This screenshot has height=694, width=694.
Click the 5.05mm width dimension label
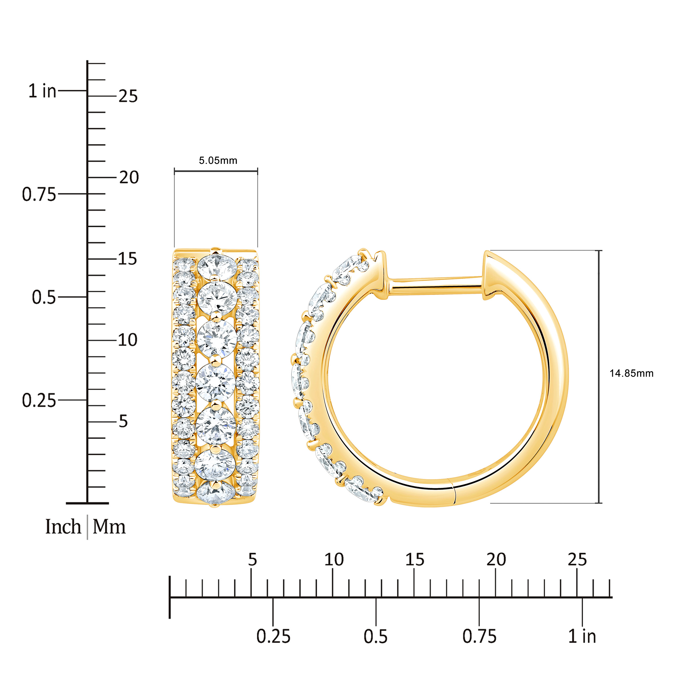tap(218, 160)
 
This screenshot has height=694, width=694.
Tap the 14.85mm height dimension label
tap(631, 374)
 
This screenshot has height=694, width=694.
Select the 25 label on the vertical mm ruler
tap(128, 96)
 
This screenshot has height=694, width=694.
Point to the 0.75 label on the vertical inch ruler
tap(39, 194)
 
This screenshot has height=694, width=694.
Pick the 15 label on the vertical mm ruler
tap(128, 259)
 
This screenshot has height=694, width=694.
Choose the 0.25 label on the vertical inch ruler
tap(39, 400)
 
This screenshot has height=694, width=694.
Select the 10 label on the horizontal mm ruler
tap(334, 559)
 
